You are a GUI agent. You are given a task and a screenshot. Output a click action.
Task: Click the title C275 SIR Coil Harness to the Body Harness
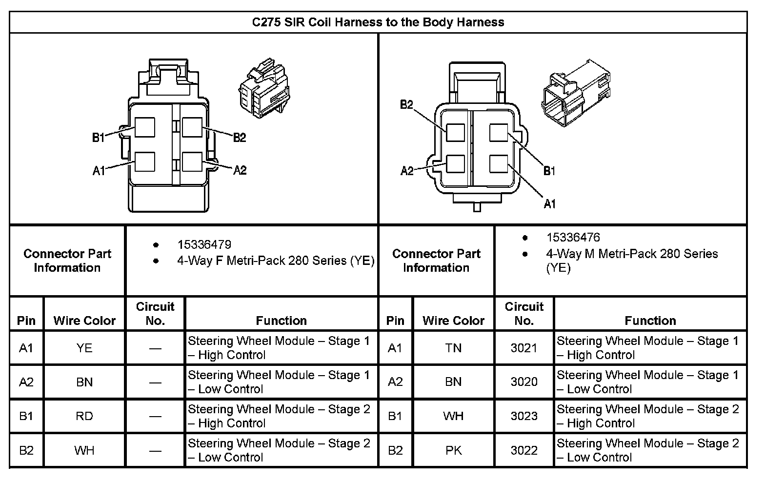pos(378,22)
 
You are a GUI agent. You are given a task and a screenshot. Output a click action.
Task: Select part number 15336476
pos(573,238)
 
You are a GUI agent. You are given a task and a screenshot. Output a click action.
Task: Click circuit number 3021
pos(523,348)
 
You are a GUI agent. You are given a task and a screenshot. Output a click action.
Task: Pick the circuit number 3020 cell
pos(523,382)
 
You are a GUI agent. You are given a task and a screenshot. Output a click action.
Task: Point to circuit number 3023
pos(523,416)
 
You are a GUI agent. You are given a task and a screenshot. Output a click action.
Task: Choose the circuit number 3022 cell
pos(523,450)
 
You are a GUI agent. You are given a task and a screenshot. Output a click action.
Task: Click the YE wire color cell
pos(84,348)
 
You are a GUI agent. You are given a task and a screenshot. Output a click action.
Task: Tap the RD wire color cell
pos(84,416)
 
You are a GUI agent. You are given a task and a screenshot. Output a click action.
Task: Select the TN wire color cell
pos(453,348)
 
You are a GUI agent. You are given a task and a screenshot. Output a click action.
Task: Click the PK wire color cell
pos(453,450)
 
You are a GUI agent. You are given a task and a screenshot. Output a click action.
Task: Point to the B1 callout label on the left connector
pos(98,138)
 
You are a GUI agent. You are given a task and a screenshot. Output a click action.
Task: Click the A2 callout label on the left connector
pos(240,170)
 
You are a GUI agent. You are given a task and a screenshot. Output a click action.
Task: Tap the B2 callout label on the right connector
pos(406,104)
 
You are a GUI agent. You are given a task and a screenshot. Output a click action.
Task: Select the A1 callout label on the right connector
pos(549,204)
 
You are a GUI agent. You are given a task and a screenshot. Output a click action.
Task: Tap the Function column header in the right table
pos(650,321)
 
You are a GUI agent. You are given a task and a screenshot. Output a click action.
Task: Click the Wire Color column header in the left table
pos(84,321)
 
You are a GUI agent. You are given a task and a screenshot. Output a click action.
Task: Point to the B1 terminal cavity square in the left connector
pos(145,128)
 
